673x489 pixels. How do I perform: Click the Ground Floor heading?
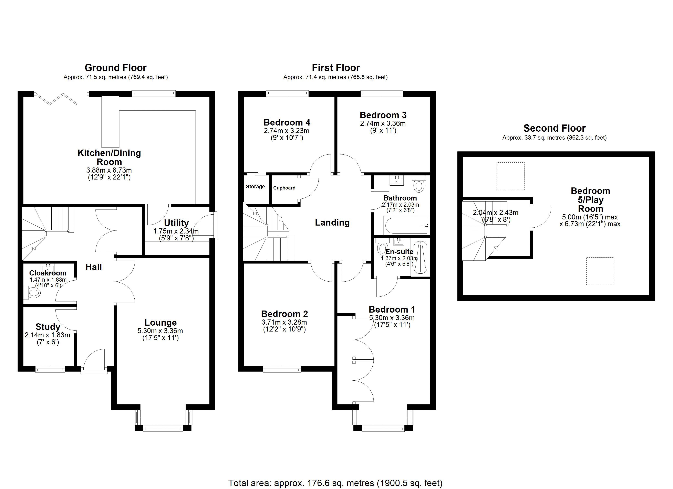pyautogui.click(x=115, y=68)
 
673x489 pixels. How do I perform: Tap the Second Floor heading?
pyautogui.click(x=554, y=128)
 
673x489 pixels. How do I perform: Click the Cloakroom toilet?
pyautogui.click(x=32, y=293)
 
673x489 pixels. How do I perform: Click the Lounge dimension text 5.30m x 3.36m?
pyautogui.click(x=160, y=331)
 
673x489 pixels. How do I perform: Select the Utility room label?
pyautogui.click(x=176, y=223)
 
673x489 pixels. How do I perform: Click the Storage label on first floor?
pyautogui.click(x=255, y=186)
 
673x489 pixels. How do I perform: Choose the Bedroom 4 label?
pyautogui.click(x=287, y=122)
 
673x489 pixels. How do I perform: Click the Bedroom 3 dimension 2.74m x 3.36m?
pyautogui.click(x=383, y=123)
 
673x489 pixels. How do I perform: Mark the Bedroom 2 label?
pyautogui.click(x=284, y=314)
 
